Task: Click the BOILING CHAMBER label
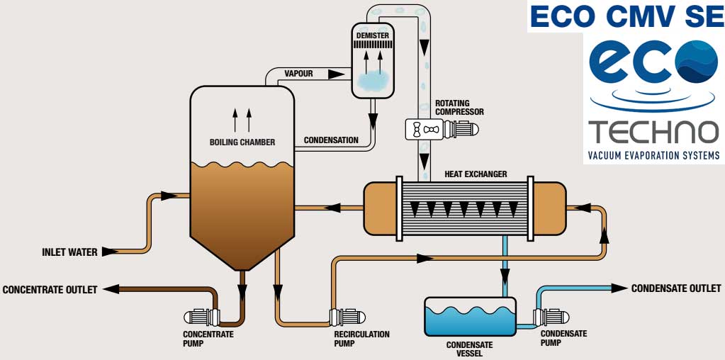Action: coord(242,142)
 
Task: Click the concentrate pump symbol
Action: coord(201,317)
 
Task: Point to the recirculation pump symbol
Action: coord(347,317)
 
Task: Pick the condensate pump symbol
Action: coord(551,317)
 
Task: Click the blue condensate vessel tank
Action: coord(470,317)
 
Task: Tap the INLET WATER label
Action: coord(70,252)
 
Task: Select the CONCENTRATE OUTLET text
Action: coord(50,290)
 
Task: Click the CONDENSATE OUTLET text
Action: coord(676,288)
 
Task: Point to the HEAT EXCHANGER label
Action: coord(476,174)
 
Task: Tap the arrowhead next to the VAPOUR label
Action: coord(336,74)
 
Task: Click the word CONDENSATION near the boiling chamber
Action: coord(331,140)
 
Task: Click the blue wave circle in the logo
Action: coord(697,62)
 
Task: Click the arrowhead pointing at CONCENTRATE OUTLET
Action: coord(111,290)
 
